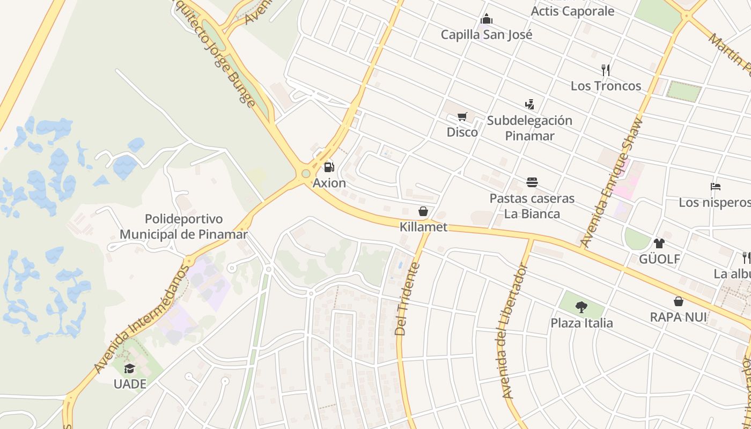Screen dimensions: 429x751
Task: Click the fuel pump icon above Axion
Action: click(x=329, y=167)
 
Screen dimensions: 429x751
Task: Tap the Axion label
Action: click(x=329, y=183)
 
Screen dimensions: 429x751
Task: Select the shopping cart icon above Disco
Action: click(x=462, y=117)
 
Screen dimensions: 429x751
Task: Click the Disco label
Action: click(x=462, y=132)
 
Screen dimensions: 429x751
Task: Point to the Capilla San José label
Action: click(x=487, y=35)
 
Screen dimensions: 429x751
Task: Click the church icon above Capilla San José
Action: click(x=487, y=19)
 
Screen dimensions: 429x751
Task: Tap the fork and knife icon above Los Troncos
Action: click(x=606, y=70)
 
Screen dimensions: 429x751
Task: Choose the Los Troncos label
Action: click(x=606, y=86)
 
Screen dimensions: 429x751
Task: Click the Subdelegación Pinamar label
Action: click(x=529, y=128)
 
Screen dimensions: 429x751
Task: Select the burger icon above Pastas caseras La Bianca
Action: click(x=532, y=182)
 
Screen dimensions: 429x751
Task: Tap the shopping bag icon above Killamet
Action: click(x=423, y=211)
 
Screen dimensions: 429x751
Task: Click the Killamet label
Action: click(x=423, y=227)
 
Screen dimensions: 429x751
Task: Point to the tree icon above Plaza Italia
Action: click(x=581, y=307)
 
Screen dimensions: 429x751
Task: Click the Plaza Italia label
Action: click(x=581, y=323)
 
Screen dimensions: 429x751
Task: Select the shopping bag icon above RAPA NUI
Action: click(x=679, y=301)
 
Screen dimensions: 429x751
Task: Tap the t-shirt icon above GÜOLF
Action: click(x=659, y=243)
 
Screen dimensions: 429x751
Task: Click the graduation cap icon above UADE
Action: click(x=129, y=368)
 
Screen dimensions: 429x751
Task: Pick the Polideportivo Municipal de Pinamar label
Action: click(x=183, y=227)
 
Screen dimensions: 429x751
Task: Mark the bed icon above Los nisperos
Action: click(x=715, y=187)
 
